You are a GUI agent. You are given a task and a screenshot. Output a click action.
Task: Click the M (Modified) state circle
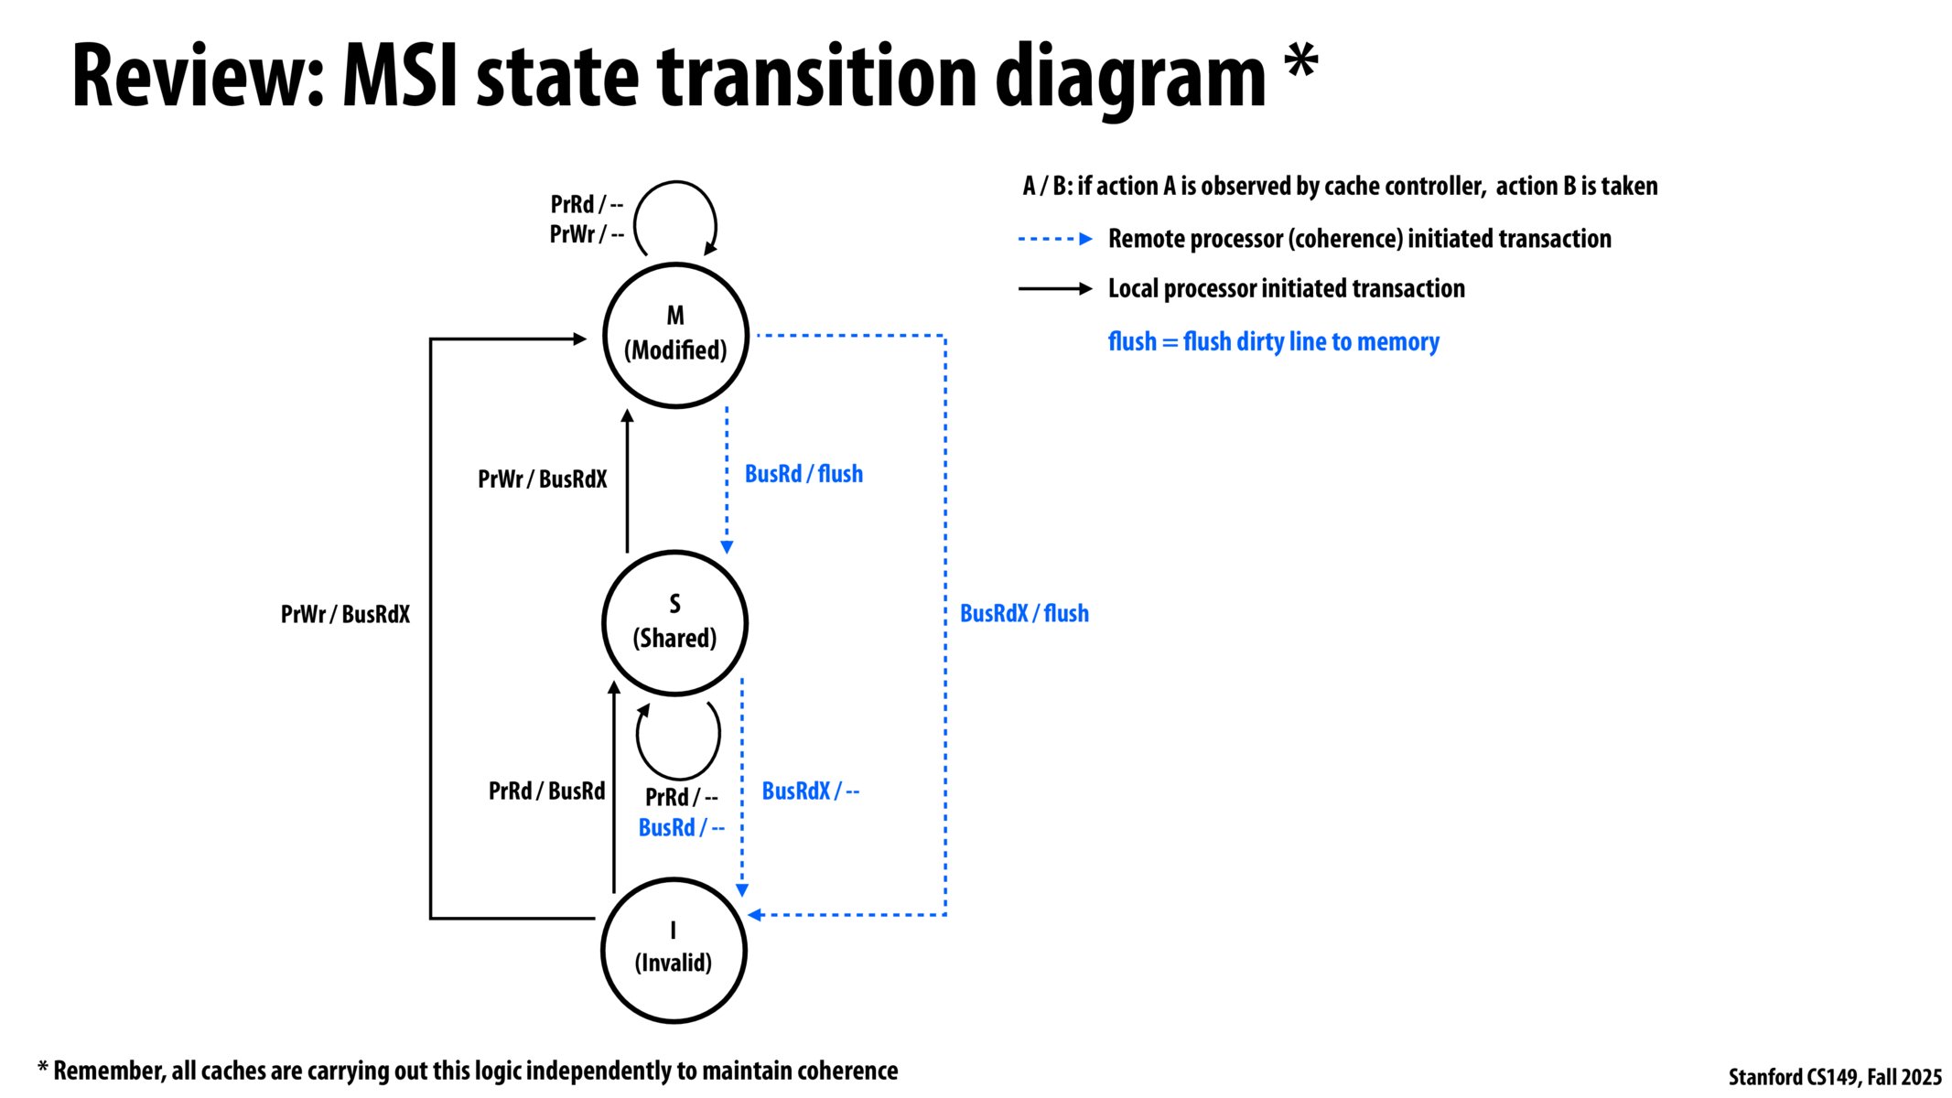(x=675, y=335)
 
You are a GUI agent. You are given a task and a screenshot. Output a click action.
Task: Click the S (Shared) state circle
(x=674, y=622)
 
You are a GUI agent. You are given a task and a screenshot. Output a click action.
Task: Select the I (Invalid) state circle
(x=674, y=950)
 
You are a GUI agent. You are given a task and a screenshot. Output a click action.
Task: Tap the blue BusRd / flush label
(x=803, y=474)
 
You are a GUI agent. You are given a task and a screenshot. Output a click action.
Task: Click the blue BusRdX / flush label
(x=1024, y=613)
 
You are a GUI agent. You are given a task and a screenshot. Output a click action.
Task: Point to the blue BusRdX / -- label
(x=810, y=791)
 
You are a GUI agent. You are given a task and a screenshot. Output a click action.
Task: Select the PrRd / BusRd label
(x=546, y=791)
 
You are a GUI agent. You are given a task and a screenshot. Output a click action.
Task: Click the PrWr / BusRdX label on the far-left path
(x=345, y=614)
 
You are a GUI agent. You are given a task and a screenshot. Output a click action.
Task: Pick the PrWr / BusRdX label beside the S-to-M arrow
(x=542, y=479)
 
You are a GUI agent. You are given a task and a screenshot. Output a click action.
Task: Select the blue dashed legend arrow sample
(x=1054, y=239)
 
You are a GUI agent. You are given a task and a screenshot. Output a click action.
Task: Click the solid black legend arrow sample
(x=1054, y=288)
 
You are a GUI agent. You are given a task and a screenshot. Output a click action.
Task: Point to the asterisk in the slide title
(x=1300, y=62)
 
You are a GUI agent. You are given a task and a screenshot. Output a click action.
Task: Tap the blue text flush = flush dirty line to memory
(x=1273, y=341)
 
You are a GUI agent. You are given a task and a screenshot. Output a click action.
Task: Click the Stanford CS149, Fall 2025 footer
(x=1834, y=1077)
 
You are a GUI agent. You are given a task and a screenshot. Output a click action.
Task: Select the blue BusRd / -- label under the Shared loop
(x=681, y=827)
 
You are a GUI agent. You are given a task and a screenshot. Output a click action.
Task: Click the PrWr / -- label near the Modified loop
(x=587, y=234)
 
